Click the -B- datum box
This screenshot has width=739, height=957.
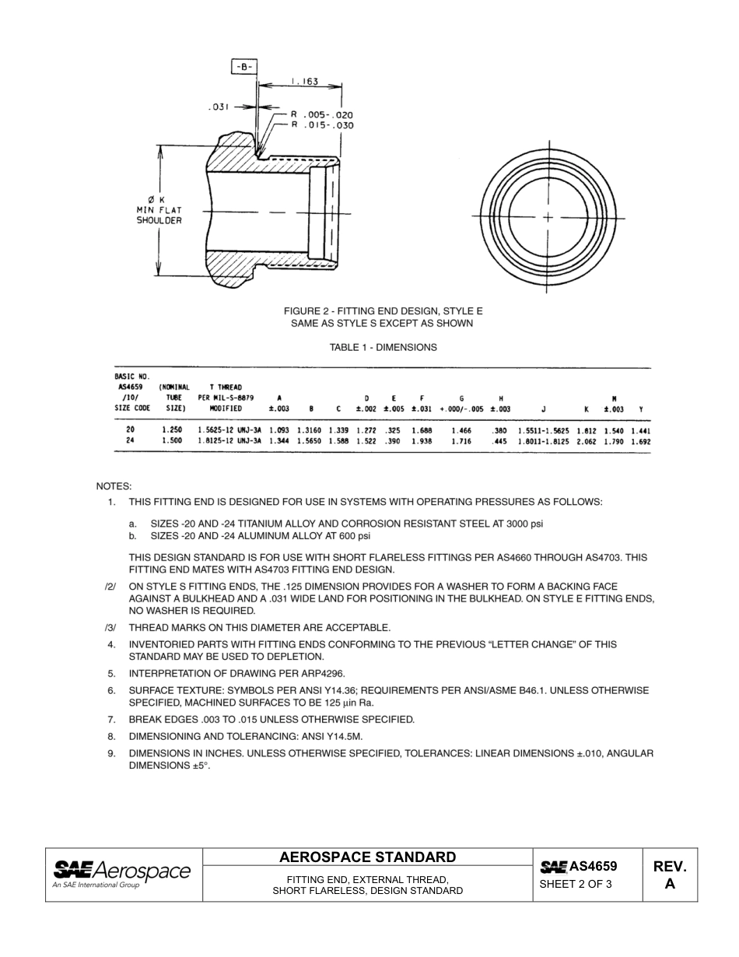(243, 67)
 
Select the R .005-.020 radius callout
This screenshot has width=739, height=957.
(322, 114)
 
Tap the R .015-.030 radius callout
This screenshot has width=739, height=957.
(322, 124)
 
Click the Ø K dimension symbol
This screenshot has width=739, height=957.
(156, 200)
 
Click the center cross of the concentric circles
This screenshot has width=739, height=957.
(548, 217)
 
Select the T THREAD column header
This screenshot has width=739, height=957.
(226, 387)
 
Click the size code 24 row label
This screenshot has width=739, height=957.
(130, 440)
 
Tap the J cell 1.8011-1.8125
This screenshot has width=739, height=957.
(543, 441)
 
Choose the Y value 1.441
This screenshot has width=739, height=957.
(640, 430)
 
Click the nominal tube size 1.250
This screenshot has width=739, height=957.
(172, 429)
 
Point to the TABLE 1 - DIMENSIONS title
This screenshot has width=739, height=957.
(384, 348)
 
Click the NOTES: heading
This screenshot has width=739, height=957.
(114, 486)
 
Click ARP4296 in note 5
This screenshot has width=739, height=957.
(320, 673)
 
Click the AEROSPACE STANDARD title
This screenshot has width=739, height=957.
(368, 857)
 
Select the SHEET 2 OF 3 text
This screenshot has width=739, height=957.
(576, 884)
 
